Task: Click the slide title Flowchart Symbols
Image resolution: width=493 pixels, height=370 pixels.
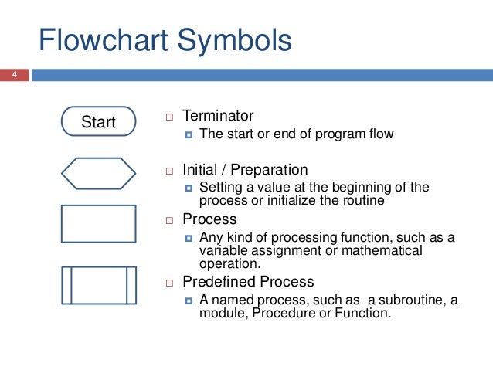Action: pos(165,40)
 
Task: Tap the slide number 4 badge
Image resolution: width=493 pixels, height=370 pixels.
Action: pos(13,75)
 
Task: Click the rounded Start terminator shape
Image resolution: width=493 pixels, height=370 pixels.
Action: pos(98,121)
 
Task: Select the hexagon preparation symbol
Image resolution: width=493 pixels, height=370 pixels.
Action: pos(98,173)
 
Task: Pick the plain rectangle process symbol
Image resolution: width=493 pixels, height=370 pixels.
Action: pos(98,224)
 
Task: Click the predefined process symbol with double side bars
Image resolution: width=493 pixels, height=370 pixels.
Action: pos(98,285)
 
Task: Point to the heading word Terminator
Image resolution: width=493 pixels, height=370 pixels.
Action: pos(217,116)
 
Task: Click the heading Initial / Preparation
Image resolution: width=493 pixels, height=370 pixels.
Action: pos(245,170)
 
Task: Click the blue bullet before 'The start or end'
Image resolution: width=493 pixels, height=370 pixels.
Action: pos(189,135)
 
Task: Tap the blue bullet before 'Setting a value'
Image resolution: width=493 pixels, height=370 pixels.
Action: pos(189,188)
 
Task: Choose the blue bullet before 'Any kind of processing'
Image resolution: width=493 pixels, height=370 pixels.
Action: pos(189,238)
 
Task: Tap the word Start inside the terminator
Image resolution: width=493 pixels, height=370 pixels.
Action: pos(98,122)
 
